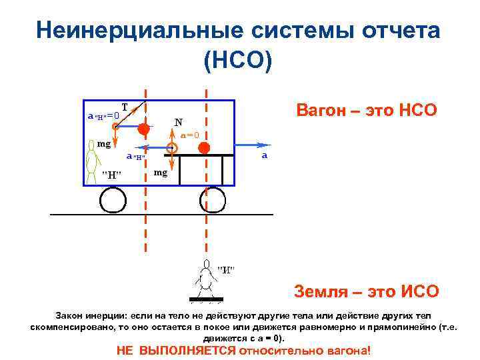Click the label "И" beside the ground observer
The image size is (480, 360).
227,270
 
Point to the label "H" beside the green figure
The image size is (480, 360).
111,175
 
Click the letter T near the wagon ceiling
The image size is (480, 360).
125,107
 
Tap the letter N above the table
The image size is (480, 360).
178,122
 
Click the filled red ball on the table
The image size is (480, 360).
204,147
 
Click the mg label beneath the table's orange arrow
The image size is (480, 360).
161,173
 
